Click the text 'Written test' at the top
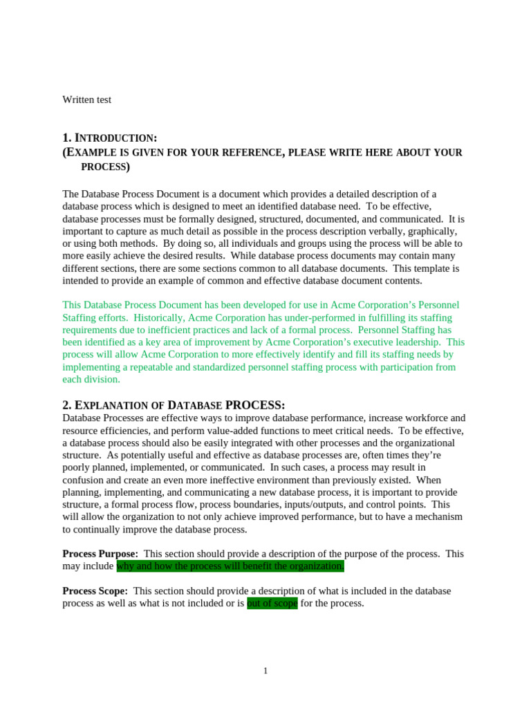(86, 100)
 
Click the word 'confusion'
(86, 481)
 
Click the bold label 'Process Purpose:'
(100, 554)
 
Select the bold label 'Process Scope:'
(95, 591)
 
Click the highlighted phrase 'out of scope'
(272, 604)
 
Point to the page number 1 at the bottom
(265, 671)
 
